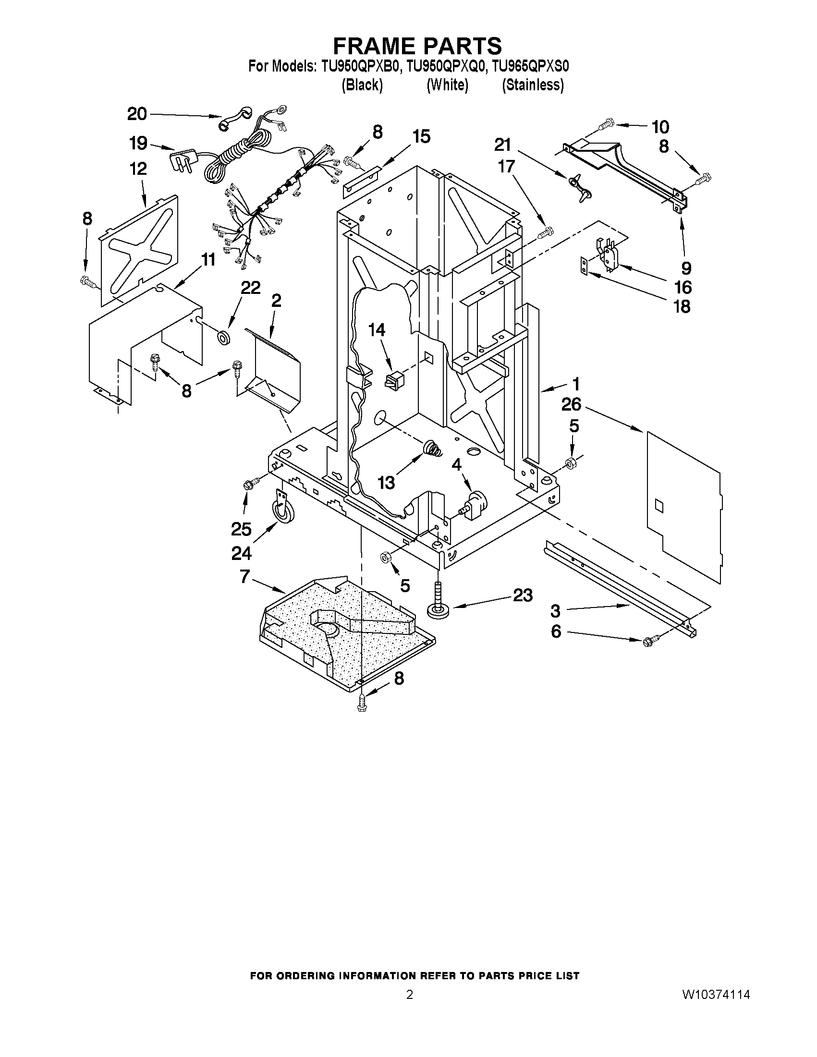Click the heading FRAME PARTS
pos(417,46)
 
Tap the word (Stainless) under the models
pos(532,85)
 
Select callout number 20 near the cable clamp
pos(137,114)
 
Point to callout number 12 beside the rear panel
pos(138,169)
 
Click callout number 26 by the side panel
pos(571,404)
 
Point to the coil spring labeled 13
pos(432,449)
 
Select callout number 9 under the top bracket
pos(686,267)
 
